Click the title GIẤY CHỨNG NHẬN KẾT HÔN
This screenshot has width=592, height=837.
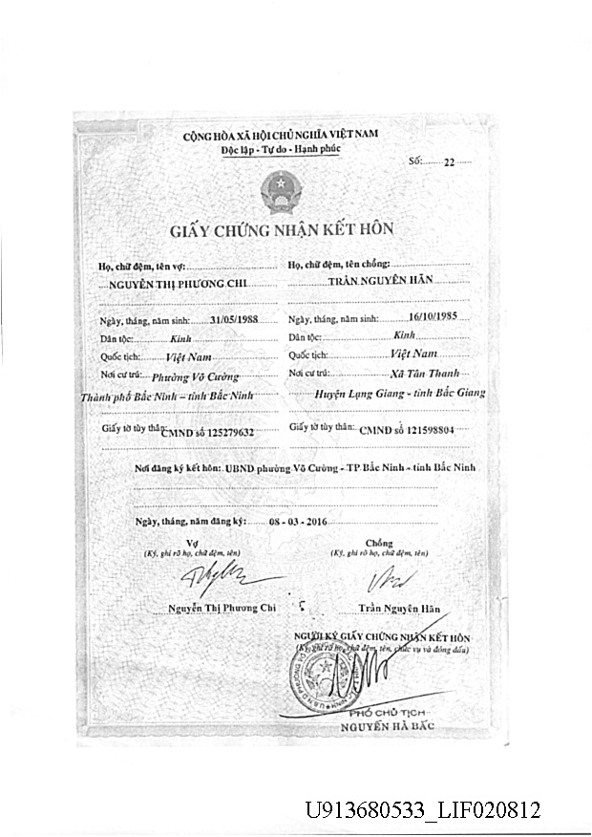[x=282, y=230]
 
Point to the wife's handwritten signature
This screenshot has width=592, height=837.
[x=220, y=578]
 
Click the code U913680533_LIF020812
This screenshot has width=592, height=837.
[x=422, y=811]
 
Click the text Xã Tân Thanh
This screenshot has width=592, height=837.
[x=426, y=373]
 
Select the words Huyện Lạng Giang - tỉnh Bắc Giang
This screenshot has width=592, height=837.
[x=400, y=393]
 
